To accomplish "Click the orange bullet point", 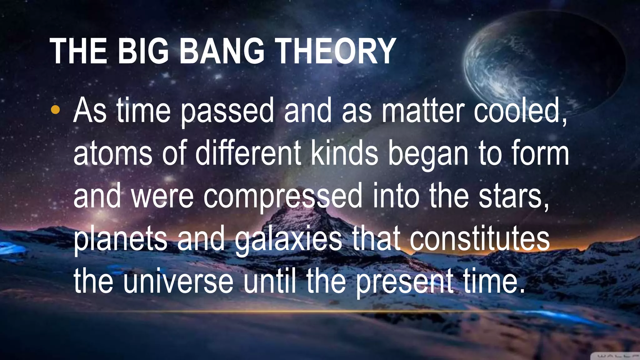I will pos(55,109).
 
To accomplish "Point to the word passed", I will pos(227,111).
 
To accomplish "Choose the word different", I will pos(248,153).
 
